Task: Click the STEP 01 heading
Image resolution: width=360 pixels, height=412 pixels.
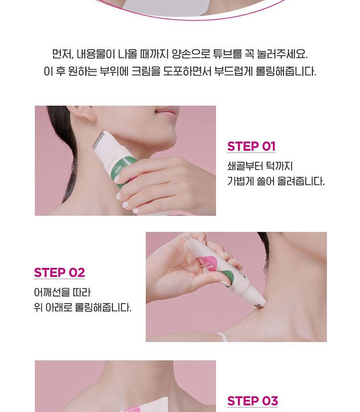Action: pyautogui.click(x=251, y=146)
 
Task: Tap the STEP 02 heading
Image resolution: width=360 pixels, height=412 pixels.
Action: pyautogui.click(x=59, y=272)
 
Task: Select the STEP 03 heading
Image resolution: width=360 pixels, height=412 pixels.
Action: pyautogui.click(x=252, y=401)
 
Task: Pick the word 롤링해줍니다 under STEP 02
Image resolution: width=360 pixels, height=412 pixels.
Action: pyautogui.click(x=103, y=307)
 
